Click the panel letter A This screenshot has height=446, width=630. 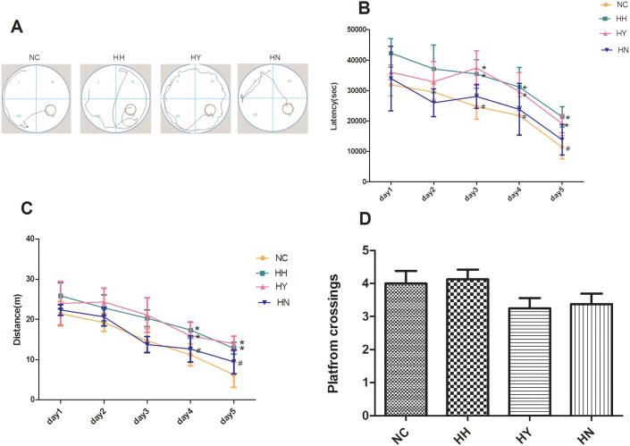tap(15, 26)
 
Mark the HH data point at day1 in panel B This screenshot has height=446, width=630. tap(391, 53)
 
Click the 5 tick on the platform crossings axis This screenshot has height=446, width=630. tap(386, 250)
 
